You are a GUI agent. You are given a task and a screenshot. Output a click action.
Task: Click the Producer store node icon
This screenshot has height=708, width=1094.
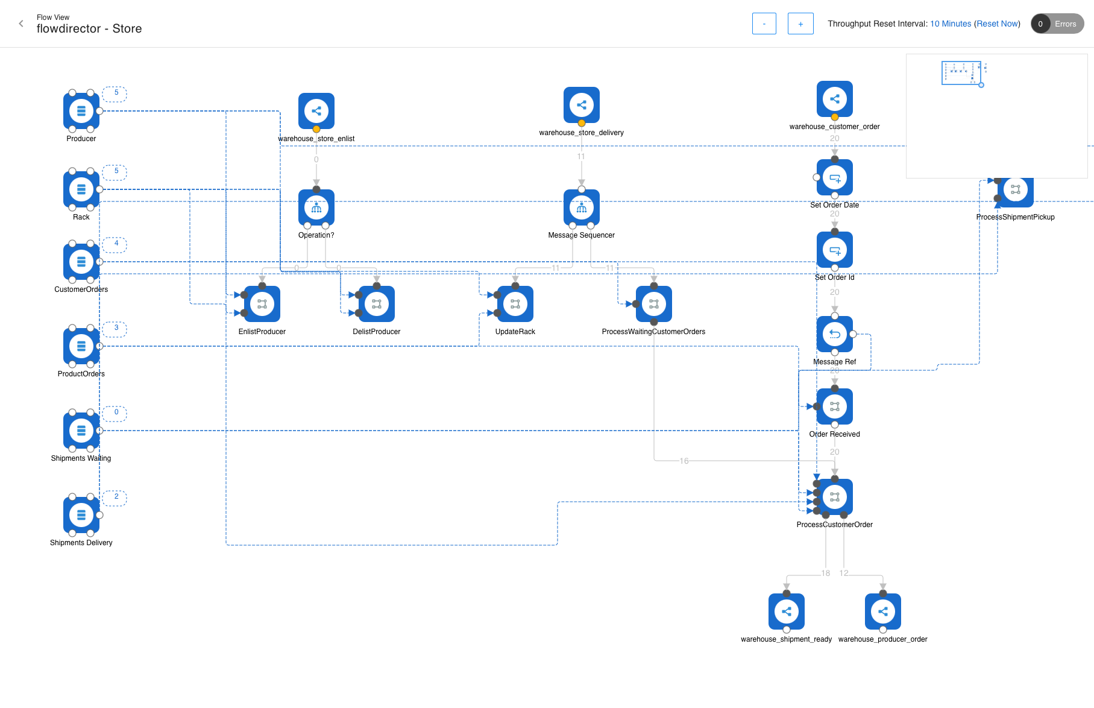81,111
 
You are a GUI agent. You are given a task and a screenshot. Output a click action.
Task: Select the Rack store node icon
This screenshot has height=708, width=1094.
81,189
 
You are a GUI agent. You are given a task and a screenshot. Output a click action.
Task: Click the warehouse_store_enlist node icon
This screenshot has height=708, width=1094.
316,110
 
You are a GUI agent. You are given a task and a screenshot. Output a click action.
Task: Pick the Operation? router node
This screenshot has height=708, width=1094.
316,207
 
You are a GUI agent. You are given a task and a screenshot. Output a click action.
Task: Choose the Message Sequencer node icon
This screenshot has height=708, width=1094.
582,207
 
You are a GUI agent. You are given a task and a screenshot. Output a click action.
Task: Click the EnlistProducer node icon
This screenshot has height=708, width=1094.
262,304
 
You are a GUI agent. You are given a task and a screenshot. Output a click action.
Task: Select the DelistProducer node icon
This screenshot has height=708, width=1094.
377,304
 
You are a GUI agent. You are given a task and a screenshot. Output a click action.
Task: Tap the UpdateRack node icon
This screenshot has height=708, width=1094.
515,304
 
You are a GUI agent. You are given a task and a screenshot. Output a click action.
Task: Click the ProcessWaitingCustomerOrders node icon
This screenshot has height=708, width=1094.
654,304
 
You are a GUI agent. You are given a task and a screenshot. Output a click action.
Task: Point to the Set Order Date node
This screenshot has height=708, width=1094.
835,177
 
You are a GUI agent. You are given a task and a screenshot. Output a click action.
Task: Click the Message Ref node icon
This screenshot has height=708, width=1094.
835,334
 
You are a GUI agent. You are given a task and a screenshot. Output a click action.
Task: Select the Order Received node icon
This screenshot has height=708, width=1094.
835,406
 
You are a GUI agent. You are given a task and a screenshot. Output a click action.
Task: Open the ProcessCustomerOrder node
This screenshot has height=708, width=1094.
835,497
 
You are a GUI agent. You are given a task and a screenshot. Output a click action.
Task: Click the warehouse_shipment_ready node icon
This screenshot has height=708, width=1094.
787,612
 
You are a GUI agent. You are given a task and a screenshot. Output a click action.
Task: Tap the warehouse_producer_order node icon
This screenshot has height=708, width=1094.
883,612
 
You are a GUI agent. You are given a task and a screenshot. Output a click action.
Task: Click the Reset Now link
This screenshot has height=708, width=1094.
997,24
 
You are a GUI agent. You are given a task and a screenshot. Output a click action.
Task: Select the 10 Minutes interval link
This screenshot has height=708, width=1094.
951,24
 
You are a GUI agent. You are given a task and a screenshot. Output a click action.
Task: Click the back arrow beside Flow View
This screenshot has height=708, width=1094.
21,24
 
